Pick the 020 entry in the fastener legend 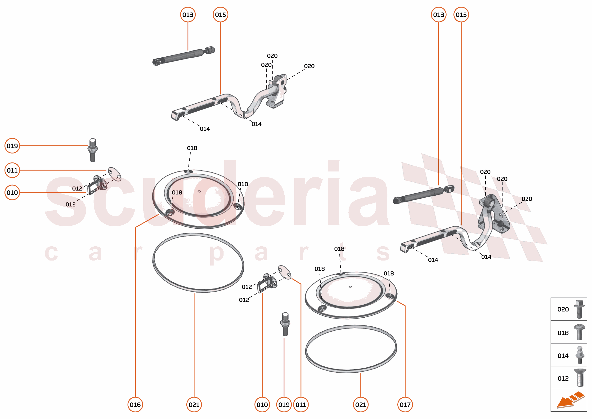(563, 309)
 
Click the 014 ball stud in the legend (580, 355)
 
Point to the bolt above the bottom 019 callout (285, 324)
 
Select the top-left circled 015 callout (220, 14)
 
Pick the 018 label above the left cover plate (192, 148)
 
